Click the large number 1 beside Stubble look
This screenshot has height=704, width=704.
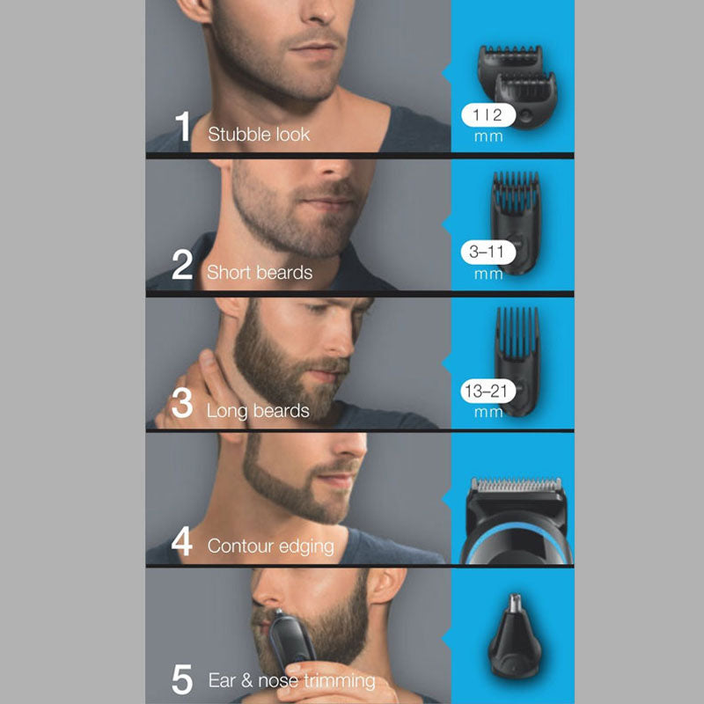183,126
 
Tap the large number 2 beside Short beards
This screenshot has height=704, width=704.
182,264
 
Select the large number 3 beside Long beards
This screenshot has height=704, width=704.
182,403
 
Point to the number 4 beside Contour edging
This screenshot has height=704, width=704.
182,541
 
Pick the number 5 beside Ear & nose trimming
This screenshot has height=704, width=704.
182,678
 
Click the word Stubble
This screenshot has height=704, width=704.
237,135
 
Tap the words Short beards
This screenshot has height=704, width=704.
260,272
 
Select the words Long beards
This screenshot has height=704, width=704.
258,411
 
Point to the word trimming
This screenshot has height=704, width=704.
340,681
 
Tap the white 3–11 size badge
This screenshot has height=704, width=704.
486,253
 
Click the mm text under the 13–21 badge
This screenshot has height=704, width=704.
488,413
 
